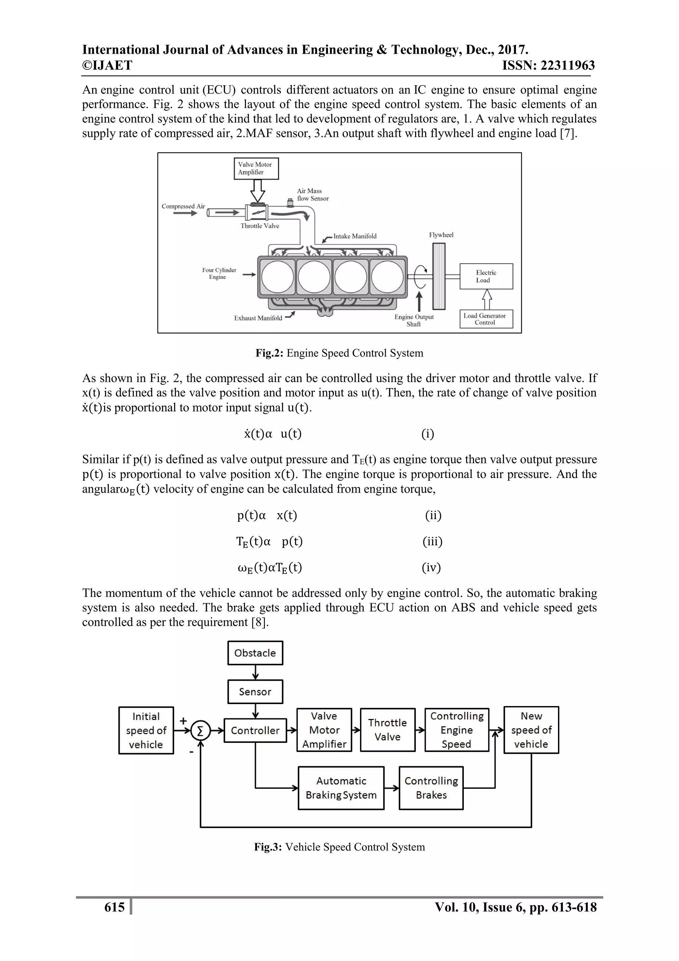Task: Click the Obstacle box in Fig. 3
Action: pos(255,653)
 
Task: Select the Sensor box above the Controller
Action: pos(255,692)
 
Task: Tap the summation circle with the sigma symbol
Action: pos(200,731)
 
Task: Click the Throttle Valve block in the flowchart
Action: pos(388,730)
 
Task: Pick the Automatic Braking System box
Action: pos(341,788)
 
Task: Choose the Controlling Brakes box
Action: pos(431,788)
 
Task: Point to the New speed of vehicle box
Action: pos(531,730)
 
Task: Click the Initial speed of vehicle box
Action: pos(146,730)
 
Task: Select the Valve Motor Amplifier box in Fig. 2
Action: pos(256,168)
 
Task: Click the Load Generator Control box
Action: pos(486,319)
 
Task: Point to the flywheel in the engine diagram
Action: pos(439,276)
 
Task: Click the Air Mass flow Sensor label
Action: pos(312,195)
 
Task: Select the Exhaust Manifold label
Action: pos(258,318)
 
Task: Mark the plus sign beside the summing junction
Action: pos(183,721)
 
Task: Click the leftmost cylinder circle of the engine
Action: pos(278,277)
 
